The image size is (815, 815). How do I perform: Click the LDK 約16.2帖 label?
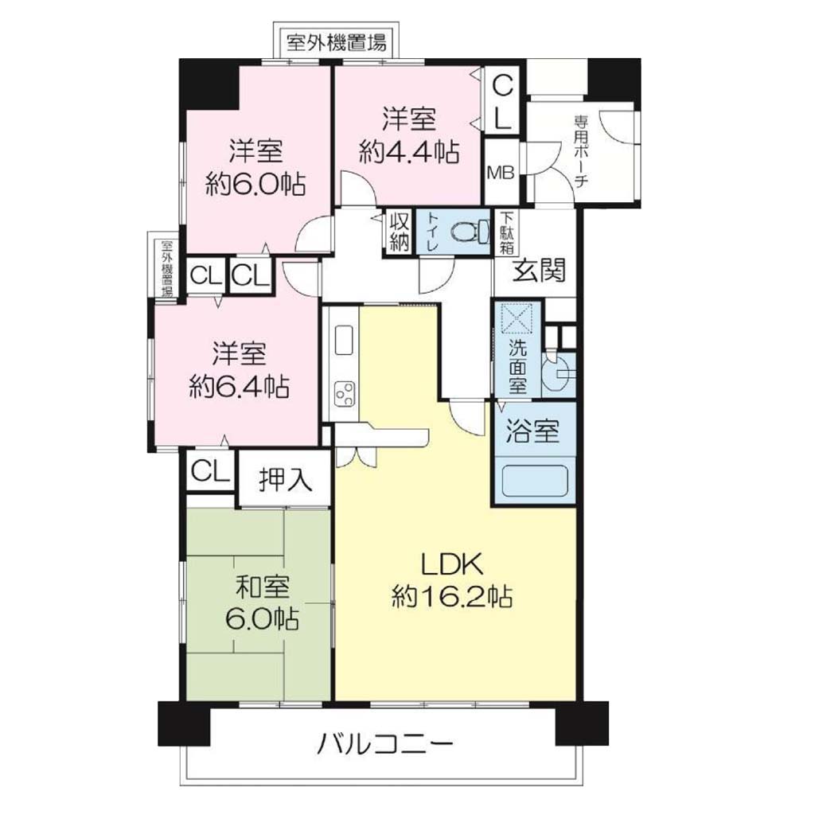coord(451,580)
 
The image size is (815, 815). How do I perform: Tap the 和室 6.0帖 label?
coord(262,603)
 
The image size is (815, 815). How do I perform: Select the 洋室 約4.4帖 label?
coord(409,135)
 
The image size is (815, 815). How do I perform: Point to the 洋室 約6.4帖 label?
coord(239,369)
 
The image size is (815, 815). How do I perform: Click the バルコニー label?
coord(385,745)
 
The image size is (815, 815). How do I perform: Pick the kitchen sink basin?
coord(344,340)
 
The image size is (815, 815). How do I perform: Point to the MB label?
coord(501,173)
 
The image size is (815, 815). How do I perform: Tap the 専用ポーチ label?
coord(580,151)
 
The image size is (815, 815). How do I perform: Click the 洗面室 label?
coord(517,366)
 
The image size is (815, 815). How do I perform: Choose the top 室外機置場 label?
coord(337,42)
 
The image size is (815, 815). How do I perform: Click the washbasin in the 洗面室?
coord(559,372)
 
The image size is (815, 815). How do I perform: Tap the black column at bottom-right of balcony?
coord(582,723)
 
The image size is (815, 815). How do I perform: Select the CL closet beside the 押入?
coord(210,471)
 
